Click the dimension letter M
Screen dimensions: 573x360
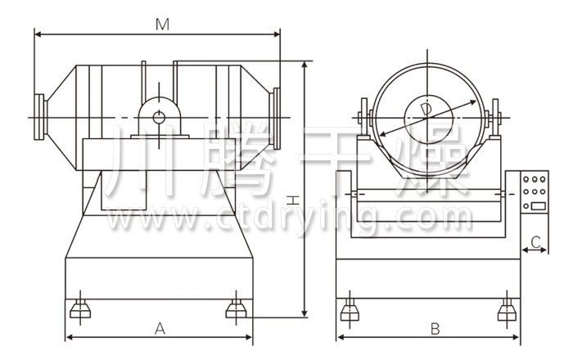(162, 25)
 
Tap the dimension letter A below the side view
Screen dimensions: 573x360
(160, 329)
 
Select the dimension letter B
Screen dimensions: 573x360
(435, 329)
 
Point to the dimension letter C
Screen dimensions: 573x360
(535, 242)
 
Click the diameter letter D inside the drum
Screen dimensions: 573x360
(426, 110)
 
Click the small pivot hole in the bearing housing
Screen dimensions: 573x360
(159, 118)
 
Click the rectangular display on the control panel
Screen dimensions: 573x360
(539, 206)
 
